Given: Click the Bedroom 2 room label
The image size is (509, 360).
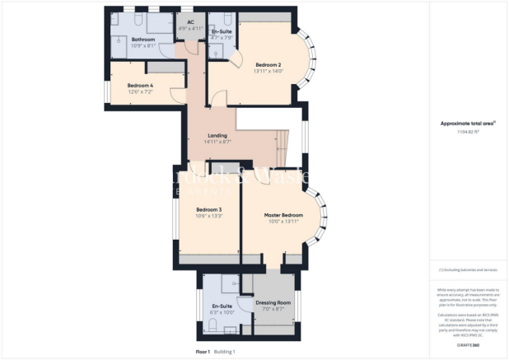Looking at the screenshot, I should [269, 64].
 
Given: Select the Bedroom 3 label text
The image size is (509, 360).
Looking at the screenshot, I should [209, 210].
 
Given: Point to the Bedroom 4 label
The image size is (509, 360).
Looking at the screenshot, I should [140, 85].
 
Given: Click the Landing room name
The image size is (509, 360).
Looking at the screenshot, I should [217, 135].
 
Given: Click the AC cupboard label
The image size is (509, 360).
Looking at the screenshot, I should [190, 22].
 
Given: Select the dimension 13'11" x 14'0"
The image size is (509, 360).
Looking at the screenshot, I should [269, 71].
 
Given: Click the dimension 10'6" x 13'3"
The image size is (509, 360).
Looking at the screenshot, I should [209, 217].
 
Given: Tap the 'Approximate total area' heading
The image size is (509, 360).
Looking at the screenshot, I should [465, 122].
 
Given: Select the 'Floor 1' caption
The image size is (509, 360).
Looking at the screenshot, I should [203, 352].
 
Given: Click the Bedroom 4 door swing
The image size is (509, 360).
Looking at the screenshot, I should [175, 94].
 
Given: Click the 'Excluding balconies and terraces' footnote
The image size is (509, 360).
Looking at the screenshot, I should [467, 269].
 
